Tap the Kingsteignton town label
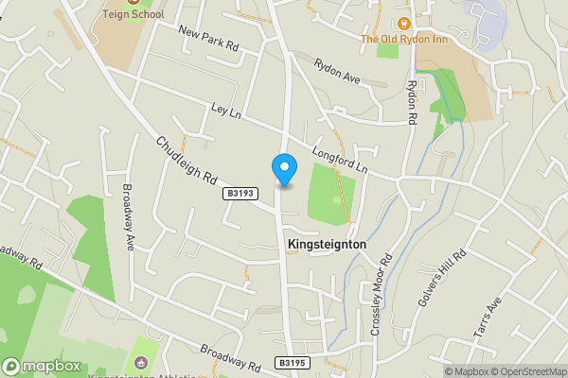tap(326, 244)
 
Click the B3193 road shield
tap(240, 193)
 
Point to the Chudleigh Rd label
tap(187, 160)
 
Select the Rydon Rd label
tap(413, 103)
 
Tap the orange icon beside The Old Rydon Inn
tap(403, 23)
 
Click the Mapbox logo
tap(42, 367)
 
